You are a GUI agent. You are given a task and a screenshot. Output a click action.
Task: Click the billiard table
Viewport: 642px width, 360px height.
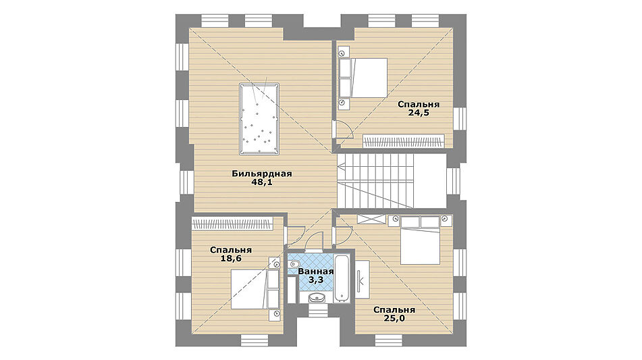pos(259,119)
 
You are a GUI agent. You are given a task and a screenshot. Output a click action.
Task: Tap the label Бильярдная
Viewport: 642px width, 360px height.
pos(262,174)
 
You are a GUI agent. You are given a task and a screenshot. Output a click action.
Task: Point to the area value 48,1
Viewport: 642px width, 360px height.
pos(262,182)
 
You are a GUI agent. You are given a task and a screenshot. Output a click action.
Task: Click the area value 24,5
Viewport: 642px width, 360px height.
pos(419,113)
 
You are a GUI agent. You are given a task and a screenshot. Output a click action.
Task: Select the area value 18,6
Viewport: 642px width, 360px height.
pos(231,259)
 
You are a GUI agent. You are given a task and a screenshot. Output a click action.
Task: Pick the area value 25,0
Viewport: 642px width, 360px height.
pos(394,318)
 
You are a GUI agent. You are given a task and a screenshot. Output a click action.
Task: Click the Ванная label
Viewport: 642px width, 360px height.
pos(316,272)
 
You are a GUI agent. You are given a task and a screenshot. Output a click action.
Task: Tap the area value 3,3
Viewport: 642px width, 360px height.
pos(316,280)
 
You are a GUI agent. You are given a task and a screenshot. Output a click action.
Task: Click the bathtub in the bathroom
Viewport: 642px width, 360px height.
pos(342,279)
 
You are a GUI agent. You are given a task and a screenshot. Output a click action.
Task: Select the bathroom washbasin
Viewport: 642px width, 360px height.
pos(315,297)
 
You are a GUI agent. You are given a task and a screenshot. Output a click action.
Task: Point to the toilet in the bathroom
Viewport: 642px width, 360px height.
pos(294,263)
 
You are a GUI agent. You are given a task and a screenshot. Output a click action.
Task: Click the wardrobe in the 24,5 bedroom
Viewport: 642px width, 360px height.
pos(403,141)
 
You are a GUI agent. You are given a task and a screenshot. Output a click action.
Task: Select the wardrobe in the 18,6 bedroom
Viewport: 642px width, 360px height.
pos(232,224)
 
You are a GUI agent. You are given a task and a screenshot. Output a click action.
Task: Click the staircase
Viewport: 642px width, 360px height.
pos(392,181)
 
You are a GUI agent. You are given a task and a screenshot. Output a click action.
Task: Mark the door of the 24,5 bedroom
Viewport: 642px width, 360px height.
pos(343,130)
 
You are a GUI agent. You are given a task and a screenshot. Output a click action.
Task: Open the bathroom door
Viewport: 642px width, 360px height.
pos(314,241)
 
